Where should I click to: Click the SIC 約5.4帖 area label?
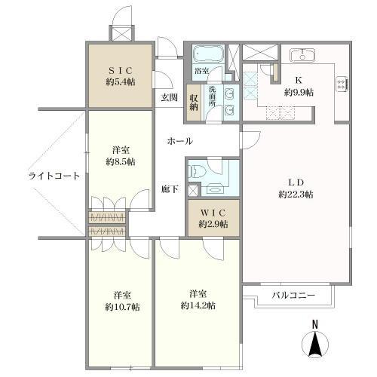[121, 76]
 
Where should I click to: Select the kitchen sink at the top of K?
[302, 55]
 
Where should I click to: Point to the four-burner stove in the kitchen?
[342, 84]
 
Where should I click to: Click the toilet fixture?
[198, 172]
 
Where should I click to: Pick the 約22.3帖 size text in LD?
[296, 195]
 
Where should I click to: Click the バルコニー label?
[293, 295]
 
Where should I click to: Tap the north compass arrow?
[315, 344]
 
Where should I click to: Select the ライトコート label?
[54, 176]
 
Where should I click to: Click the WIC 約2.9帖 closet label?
[213, 219]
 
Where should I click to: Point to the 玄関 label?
[169, 97]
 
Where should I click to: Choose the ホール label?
[180, 141]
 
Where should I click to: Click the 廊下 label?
[170, 189]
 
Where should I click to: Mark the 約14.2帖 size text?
[198, 306]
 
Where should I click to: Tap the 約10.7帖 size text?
[122, 307]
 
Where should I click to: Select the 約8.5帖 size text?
[121, 162]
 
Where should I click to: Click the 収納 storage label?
[194, 103]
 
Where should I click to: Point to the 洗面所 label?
[212, 97]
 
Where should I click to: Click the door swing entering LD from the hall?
[250, 140]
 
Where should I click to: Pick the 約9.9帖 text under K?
[299, 93]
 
